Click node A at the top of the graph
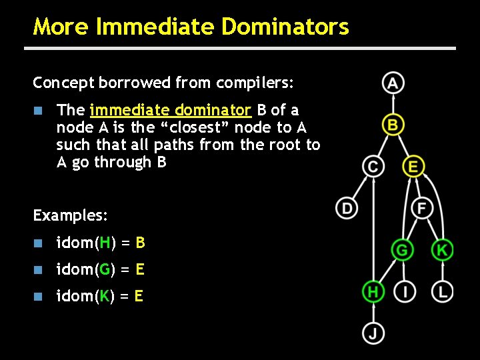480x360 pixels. tap(393, 83)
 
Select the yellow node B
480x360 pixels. tap(393, 125)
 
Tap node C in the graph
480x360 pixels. tap(373, 166)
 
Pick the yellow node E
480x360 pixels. tap(413, 166)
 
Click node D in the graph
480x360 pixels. tap(347, 208)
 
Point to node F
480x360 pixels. tap(421, 208)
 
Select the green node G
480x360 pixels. tap(402, 250)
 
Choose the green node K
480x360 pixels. tap(443, 250)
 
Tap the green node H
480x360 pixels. tap(373, 291)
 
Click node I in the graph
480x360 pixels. tap(405, 291)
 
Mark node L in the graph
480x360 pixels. tap(443, 291)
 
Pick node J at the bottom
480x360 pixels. tap(373, 333)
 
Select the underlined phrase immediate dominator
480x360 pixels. tap(170, 109)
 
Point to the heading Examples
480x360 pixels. tap(70, 216)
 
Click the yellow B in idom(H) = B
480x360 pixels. tap(140, 243)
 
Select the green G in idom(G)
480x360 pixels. tap(103, 269)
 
